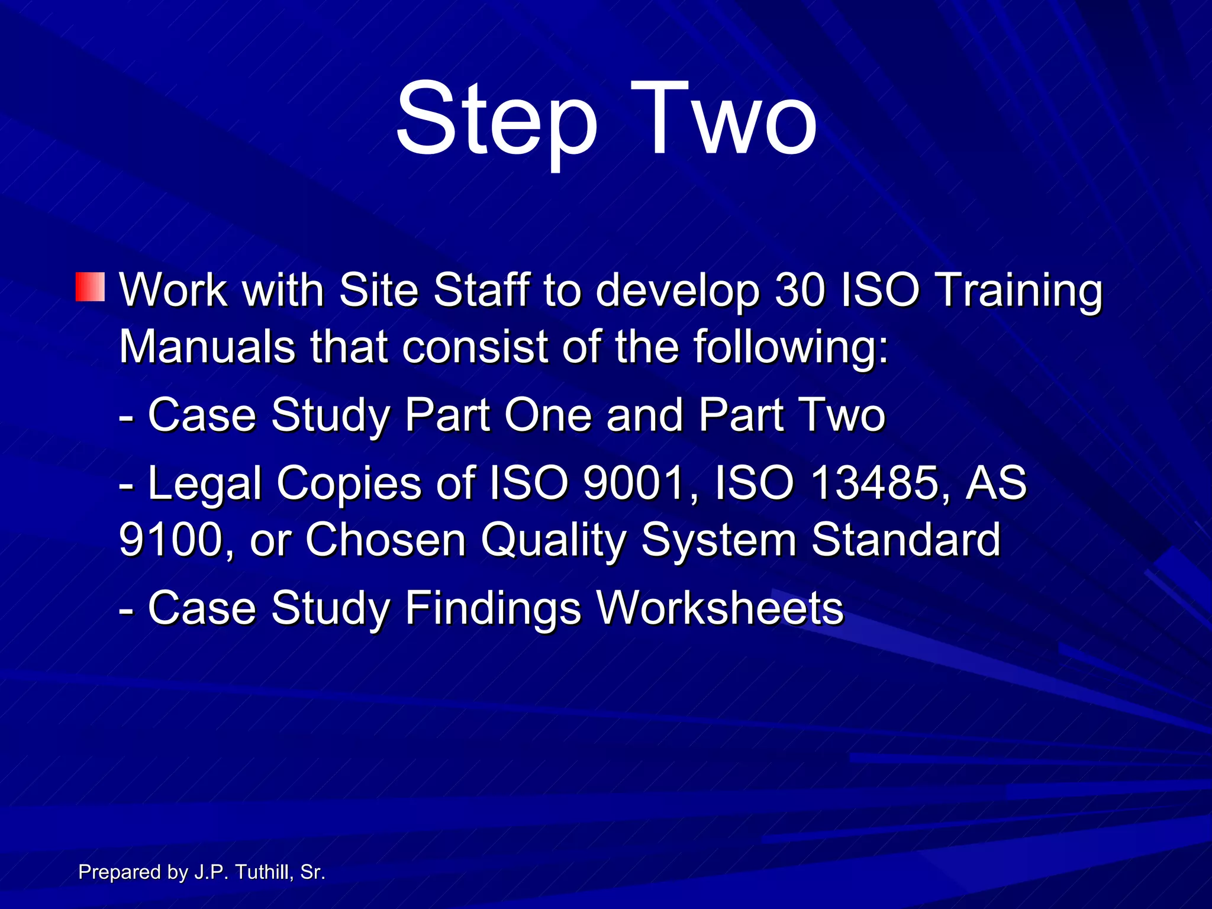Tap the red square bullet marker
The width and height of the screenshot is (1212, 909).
click(90, 287)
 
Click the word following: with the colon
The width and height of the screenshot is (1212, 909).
click(791, 348)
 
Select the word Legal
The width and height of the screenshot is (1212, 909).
click(205, 484)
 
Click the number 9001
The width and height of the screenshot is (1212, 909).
click(633, 483)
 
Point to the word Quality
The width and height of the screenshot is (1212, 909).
click(553, 541)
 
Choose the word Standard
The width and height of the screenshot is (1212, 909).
click(905, 540)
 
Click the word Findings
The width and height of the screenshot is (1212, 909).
click(494, 608)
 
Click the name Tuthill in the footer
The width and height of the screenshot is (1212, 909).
click(262, 872)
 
